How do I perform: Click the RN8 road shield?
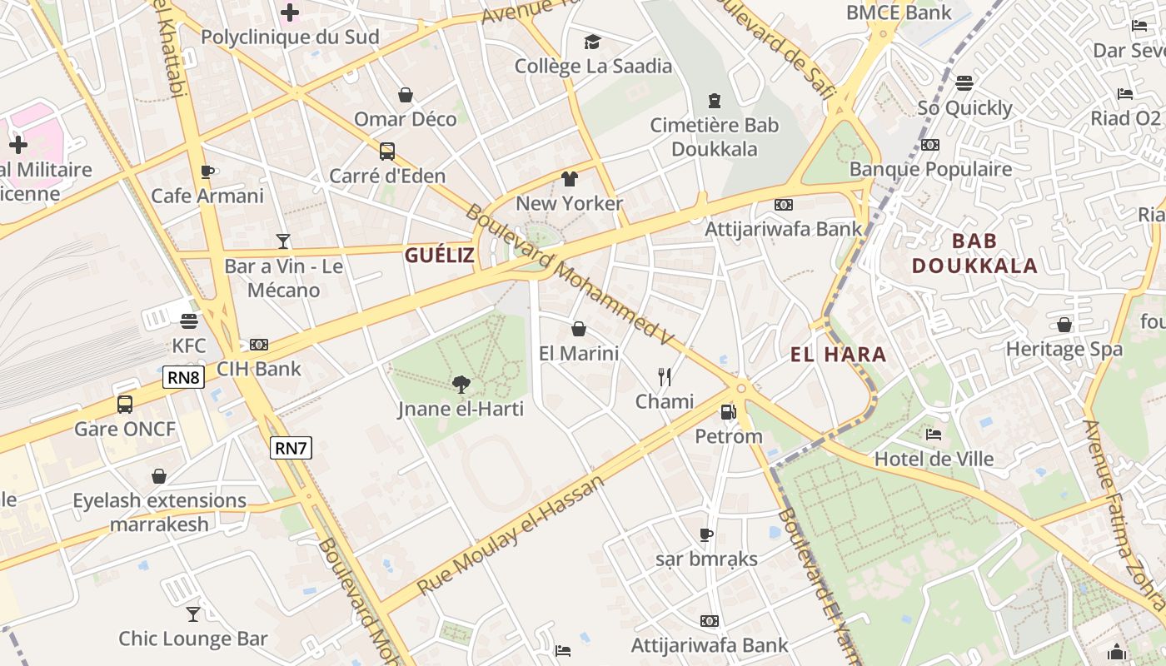[x=184, y=377]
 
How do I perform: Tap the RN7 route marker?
[x=291, y=448]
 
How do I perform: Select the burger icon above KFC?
[x=189, y=321]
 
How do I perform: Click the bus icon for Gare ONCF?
[x=125, y=405]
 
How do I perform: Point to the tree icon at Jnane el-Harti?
[x=460, y=384]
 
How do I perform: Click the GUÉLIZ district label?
[x=439, y=256]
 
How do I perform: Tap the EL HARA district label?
[x=838, y=355]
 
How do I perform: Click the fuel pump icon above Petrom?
[x=728, y=411]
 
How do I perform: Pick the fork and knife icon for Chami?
[x=664, y=377]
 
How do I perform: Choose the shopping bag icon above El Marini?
[x=579, y=329]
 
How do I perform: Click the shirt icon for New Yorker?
[x=570, y=179]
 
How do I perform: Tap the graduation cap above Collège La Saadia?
[x=592, y=42]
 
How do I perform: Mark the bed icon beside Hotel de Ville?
[x=934, y=435]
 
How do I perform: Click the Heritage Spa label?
[x=1064, y=350]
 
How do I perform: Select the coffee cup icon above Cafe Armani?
[x=207, y=171]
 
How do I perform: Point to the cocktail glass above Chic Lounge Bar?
[x=193, y=614]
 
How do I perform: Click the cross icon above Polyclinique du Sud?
[x=290, y=12]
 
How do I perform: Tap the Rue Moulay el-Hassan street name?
[x=510, y=535]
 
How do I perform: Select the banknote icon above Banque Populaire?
[x=929, y=145]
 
